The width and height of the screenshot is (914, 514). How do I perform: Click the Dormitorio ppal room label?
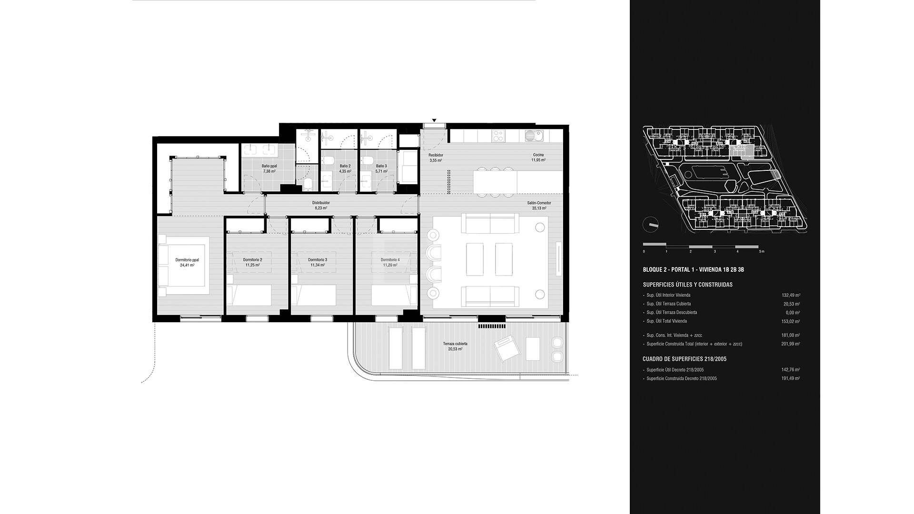point(187,260)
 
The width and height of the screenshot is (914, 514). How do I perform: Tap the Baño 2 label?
point(345,166)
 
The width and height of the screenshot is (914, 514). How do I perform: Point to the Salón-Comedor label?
point(539,203)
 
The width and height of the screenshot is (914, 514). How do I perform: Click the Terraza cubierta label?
point(455,344)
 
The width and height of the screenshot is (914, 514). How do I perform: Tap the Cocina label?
point(538,155)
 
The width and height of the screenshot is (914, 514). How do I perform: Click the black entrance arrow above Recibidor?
point(434,120)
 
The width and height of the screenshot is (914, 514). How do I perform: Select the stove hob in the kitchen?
point(498,136)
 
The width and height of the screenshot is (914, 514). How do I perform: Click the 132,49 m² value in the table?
point(791,295)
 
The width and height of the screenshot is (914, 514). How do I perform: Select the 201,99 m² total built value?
point(791,344)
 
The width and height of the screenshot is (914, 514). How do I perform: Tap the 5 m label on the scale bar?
point(762,251)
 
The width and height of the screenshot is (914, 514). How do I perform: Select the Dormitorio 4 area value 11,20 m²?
point(390,265)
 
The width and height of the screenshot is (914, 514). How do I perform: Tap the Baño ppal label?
point(269,166)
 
